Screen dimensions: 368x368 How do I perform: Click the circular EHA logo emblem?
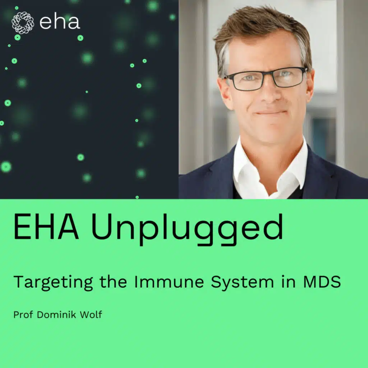click(23, 22)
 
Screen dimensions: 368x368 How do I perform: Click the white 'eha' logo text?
click(59, 22)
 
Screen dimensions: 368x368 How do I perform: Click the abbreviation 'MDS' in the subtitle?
click(322, 282)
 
